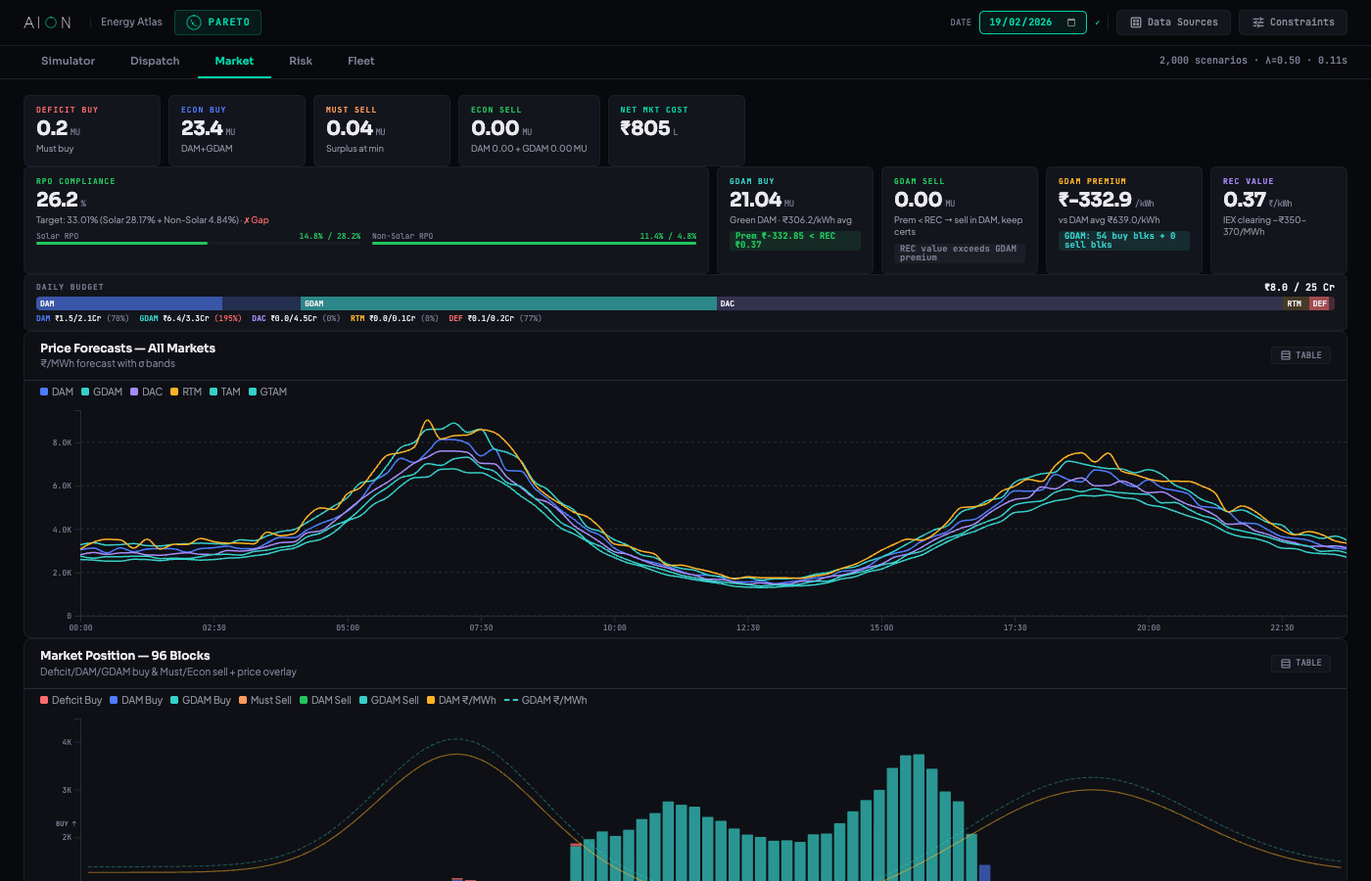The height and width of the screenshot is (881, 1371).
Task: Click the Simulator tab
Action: pos(68,61)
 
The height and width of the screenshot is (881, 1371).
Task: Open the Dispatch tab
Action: pos(155,61)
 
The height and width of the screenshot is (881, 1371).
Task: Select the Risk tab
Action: pos(301,61)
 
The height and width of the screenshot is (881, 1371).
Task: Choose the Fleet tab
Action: pos(360,61)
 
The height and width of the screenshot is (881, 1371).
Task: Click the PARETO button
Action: pos(217,23)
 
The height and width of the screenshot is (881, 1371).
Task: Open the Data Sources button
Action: pos(1173,23)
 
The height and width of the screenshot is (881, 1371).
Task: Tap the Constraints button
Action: pos(1292,23)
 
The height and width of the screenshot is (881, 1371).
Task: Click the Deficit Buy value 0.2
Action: pos(52,128)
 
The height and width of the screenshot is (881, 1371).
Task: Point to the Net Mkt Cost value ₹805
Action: pos(644,128)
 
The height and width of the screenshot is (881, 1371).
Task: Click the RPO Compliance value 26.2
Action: pos(57,200)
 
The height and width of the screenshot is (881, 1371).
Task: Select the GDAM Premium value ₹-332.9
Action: pos(1095,200)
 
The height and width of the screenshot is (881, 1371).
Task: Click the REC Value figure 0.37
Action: pos(1244,200)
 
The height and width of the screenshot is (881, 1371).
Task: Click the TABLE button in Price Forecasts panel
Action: pos(1300,355)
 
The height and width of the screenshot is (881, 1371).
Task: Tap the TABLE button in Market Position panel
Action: pos(1300,663)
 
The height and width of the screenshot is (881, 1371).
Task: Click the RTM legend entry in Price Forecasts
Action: pos(186,392)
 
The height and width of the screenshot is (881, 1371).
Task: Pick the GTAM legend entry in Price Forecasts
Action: pos(267,392)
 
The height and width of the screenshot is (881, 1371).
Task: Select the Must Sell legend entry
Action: pos(265,700)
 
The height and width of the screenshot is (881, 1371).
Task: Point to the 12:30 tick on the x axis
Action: pos(748,627)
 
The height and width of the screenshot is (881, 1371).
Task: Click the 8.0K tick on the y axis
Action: pos(62,442)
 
